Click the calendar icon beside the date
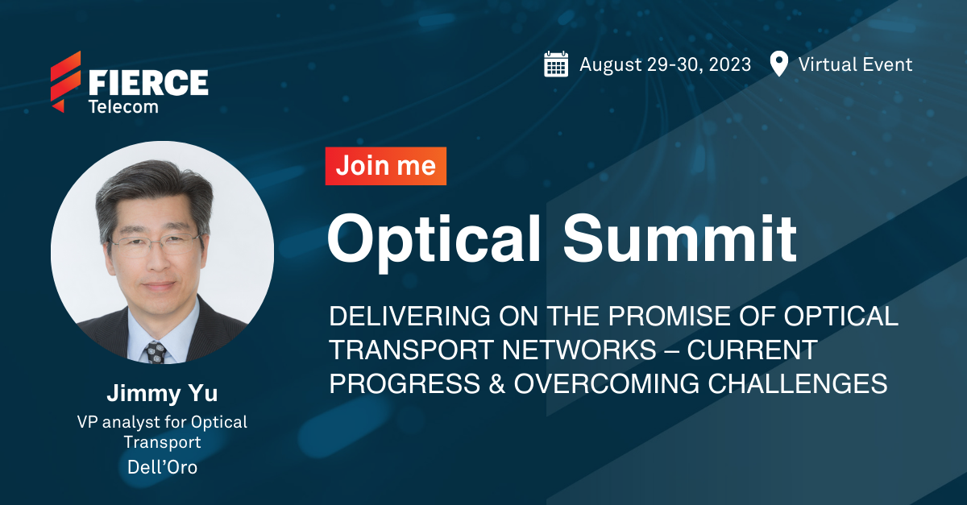pos(556,64)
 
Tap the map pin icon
pos(778,64)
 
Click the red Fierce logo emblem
pos(65,81)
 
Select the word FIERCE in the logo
pos(148,82)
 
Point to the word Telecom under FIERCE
pos(123,106)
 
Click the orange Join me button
pos(386,166)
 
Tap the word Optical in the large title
pos(434,239)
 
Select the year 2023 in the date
pos(729,64)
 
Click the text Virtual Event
pos(855,64)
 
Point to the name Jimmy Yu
pos(162,394)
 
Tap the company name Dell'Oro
pos(162,467)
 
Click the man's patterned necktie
pos(156,352)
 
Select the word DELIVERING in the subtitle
pos(409,316)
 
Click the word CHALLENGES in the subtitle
pos(798,383)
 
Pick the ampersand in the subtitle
pos(497,383)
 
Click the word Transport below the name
pos(162,442)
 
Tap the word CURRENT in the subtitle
pos(753,350)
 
